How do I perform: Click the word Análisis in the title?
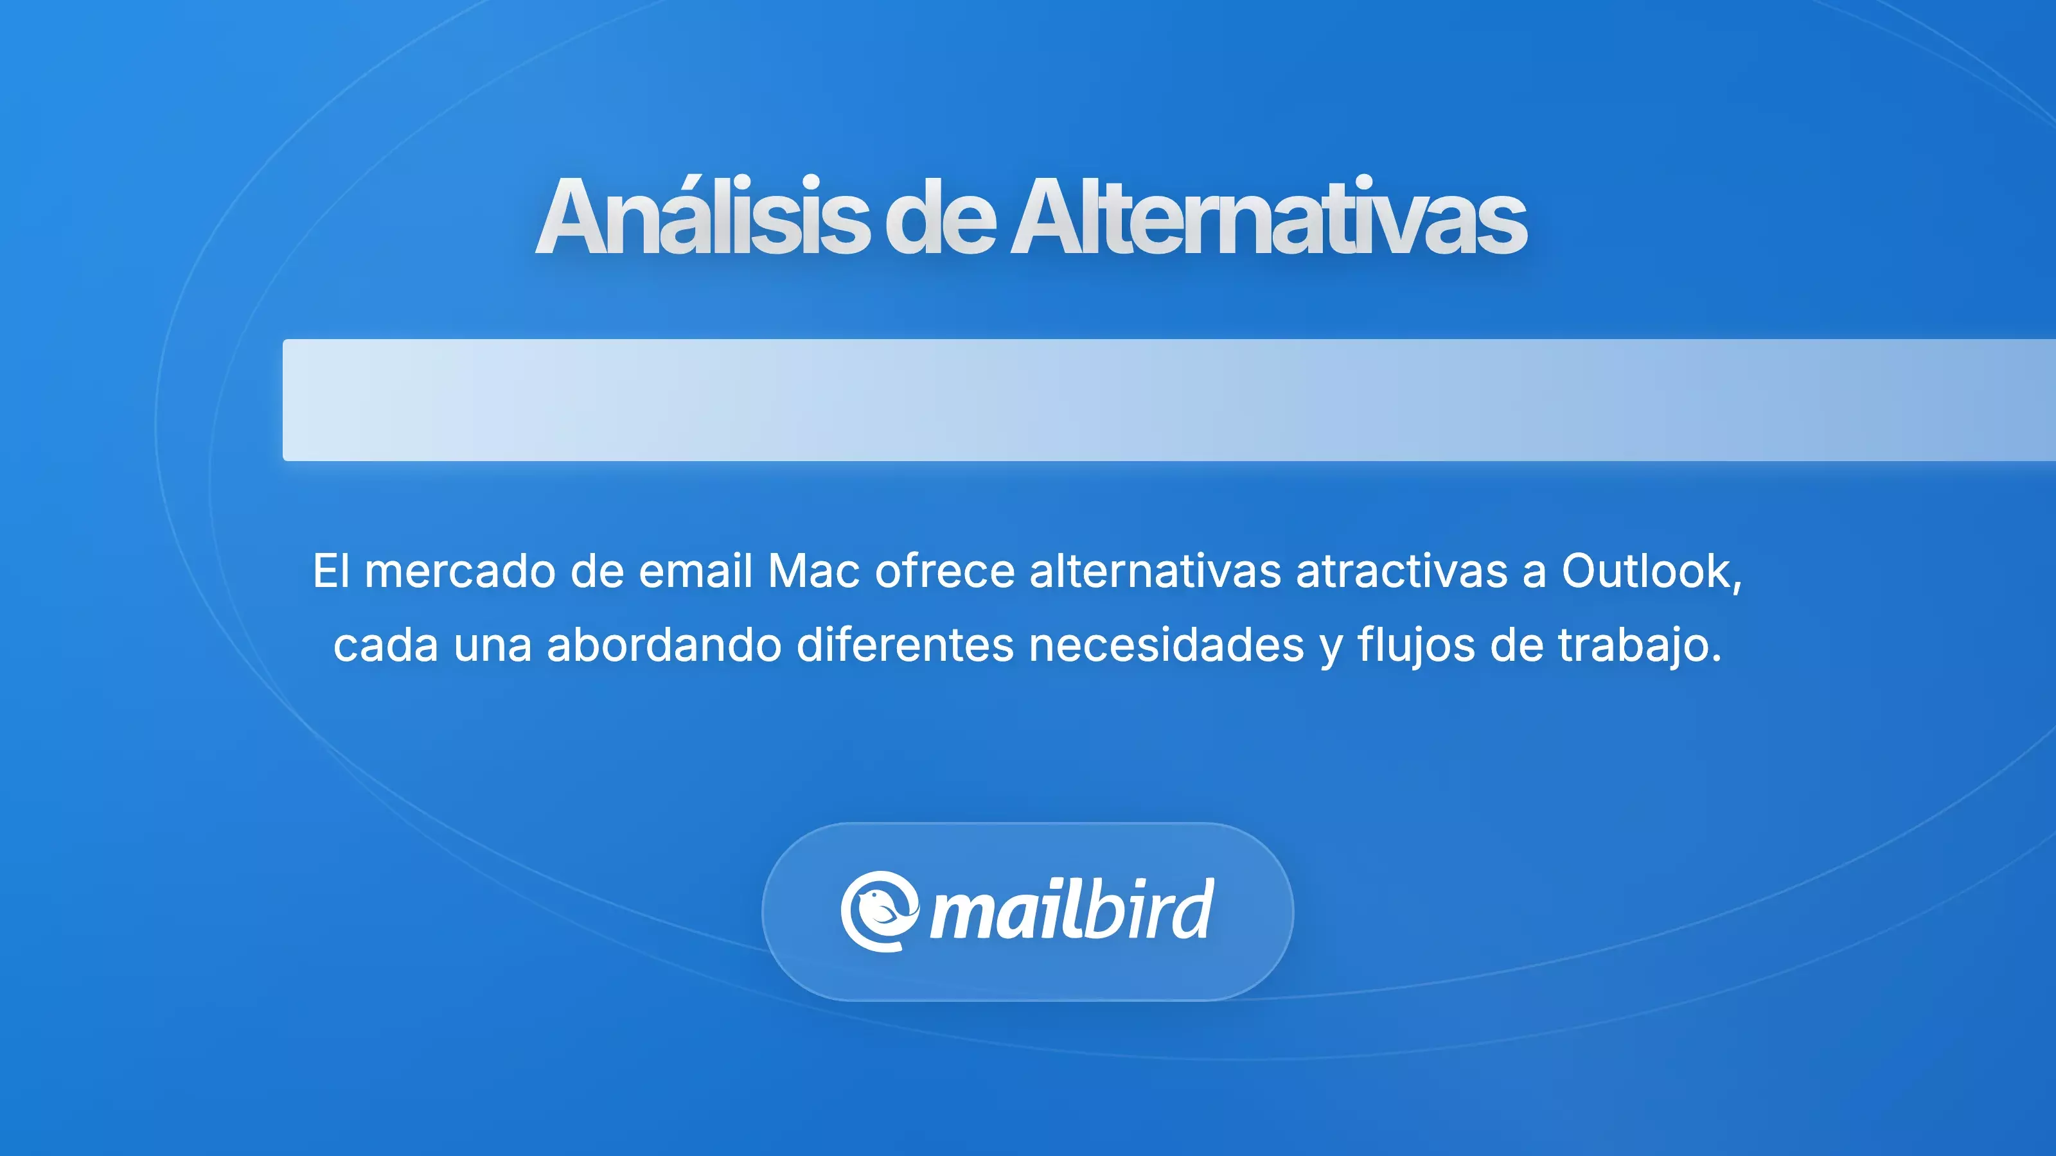[702, 217]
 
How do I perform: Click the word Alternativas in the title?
[1268, 217]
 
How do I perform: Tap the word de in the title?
[939, 217]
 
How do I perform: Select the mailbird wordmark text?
[1072, 911]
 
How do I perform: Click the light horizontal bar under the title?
[1169, 399]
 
